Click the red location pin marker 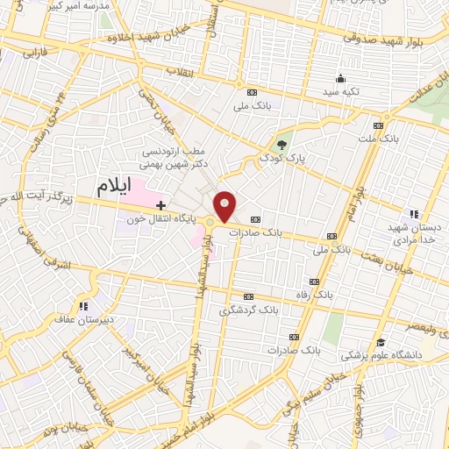[x=225, y=206]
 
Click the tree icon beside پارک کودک [x=281, y=145]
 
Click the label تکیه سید [x=317, y=91]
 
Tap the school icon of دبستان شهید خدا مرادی [x=413, y=213]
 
